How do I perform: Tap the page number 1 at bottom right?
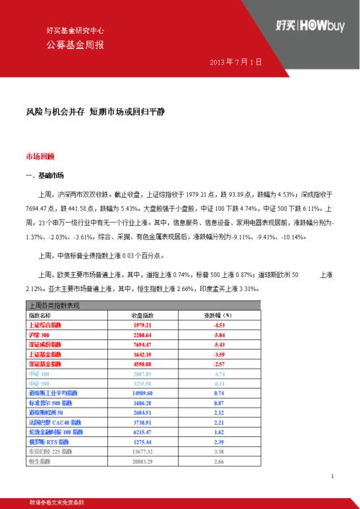(x=332, y=477)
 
